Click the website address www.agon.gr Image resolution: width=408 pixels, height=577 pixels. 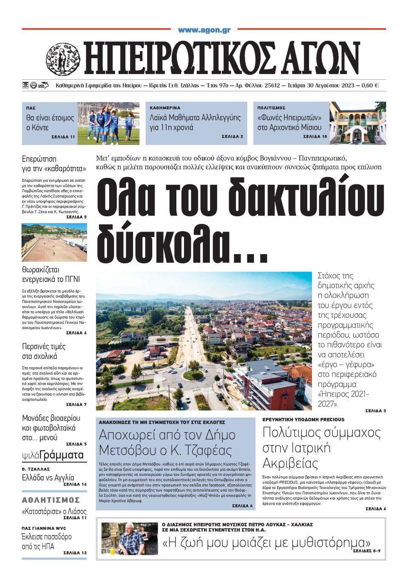204,30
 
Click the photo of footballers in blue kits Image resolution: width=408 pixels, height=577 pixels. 108,123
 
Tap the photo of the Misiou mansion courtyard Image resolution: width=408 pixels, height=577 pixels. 357,123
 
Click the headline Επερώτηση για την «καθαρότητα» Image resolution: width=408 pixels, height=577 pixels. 54,164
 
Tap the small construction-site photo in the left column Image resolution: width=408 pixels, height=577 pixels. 54,242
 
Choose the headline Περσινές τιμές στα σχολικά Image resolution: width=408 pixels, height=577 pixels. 44,351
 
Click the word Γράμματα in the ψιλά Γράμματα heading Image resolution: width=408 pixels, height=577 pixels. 63,455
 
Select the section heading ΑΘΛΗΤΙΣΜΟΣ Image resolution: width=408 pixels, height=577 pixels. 51,500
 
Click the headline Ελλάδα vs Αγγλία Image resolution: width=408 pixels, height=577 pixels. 48,477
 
